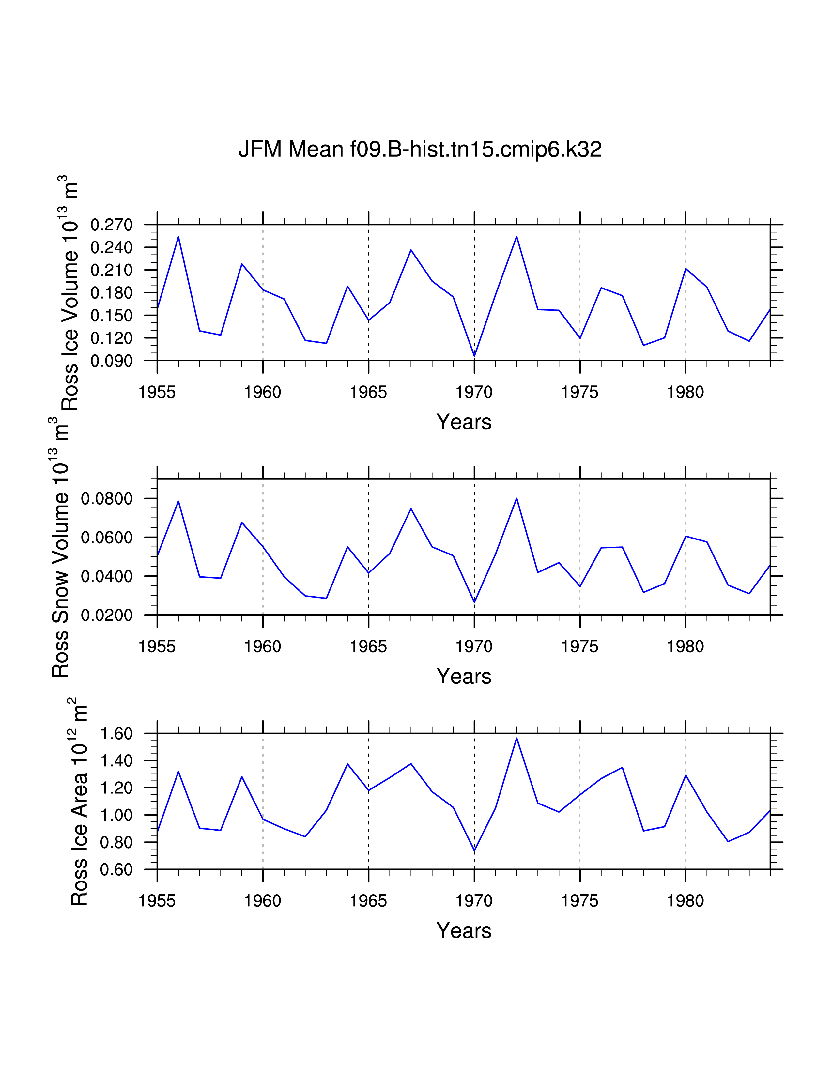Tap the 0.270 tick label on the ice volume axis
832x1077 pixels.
point(111,225)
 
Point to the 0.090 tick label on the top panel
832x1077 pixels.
point(111,361)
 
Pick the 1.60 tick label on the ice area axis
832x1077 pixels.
point(116,734)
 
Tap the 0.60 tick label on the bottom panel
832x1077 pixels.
point(116,869)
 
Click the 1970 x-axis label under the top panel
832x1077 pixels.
point(474,393)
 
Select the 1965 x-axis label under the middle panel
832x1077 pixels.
point(368,647)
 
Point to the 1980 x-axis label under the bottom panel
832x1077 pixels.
point(685,901)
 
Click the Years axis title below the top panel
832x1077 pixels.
point(464,422)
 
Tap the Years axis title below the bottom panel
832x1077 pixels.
point(464,930)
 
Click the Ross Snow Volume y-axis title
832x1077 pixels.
point(60,547)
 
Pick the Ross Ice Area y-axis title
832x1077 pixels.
point(79,801)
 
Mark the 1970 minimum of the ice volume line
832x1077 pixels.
point(474,355)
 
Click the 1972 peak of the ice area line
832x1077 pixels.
point(516,738)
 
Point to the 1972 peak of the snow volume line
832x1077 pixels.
point(516,499)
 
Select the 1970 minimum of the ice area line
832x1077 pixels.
point(474,850)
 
